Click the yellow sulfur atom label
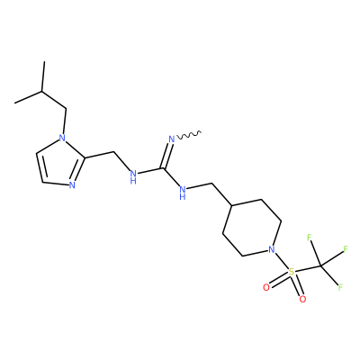(291, 272)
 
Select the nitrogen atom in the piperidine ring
(271, 249)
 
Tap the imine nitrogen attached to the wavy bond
(172, 139)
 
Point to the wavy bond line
(189, 135)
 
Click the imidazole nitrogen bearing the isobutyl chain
(62, 138)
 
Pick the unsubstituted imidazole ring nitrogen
(72, 185)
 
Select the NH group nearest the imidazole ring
(133, 176)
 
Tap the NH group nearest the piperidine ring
(182, 193)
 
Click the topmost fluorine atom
(310, 238)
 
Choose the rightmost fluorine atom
(346, 248)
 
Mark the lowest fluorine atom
(340, 287)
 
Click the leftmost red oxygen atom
(265, 287)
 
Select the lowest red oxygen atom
(302, 299)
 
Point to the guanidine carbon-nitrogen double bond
(167, 156)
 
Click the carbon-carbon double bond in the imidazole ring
(40, 168)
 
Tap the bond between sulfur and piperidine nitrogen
(281, 261)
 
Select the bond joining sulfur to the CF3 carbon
(307, 269)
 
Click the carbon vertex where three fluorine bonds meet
(320, 266)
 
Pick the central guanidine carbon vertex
(164, 168)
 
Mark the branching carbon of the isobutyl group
(42, 91)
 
